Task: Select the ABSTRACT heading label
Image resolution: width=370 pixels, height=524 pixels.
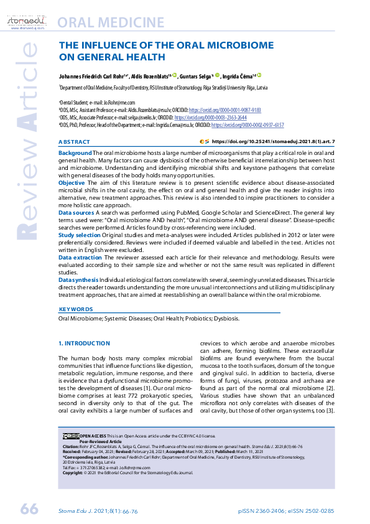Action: pos(74,142)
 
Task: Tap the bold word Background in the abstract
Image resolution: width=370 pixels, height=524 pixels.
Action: pos(75,152)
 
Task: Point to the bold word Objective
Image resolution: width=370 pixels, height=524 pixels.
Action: pos(72,183)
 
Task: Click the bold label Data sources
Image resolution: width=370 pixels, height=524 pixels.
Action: pos(76,213)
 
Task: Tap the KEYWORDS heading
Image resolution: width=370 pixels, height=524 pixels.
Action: pos(76,309)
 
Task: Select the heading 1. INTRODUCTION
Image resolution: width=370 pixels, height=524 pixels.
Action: pos(84,343)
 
